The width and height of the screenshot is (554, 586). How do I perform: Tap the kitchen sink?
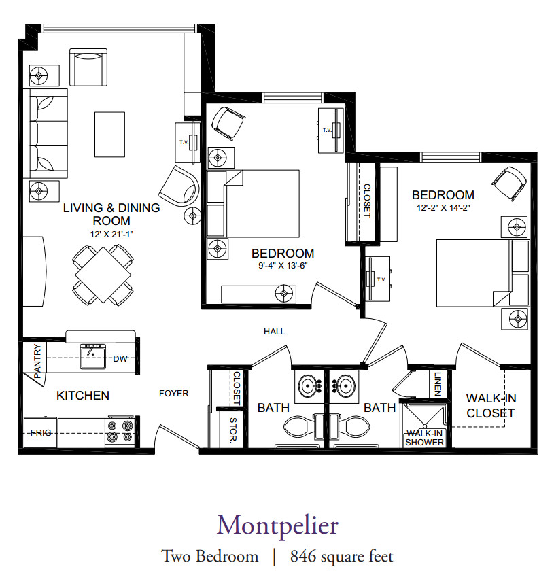93,356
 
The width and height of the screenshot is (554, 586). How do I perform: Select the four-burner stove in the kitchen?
120,432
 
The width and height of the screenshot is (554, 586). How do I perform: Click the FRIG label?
41,433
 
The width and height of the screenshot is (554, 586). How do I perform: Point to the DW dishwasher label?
120,359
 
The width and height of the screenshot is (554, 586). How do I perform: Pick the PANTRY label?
37,361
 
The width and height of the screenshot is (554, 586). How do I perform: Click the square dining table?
103,275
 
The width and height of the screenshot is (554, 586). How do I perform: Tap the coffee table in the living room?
109,134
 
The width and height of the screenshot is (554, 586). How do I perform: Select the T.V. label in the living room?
184,142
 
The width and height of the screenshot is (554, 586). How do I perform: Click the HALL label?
274,332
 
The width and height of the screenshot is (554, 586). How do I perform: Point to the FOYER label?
174,394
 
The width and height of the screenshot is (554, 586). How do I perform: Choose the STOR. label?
233,430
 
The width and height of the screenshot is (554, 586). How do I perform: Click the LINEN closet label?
438,384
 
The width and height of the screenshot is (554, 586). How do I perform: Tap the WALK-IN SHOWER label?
424,438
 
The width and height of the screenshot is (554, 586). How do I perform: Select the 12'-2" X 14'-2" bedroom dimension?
443,208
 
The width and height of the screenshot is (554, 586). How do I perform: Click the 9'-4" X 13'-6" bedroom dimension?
283,266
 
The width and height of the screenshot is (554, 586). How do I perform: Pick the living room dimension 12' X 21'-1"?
111,235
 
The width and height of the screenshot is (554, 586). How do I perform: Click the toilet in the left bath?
302,427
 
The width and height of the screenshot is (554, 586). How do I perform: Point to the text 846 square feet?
342,557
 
